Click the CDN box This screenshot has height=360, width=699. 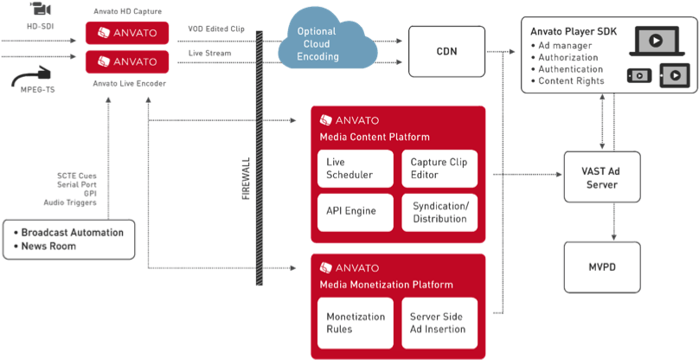446,51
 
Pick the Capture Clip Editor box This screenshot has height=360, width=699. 439,169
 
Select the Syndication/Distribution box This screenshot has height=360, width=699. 439,212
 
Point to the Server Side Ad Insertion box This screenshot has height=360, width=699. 439,322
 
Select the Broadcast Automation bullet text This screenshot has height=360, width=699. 72,232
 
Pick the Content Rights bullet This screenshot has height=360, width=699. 571,81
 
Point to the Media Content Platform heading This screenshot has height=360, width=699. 375,137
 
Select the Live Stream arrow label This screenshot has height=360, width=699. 210,54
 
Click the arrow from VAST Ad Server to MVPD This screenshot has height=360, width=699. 613,221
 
